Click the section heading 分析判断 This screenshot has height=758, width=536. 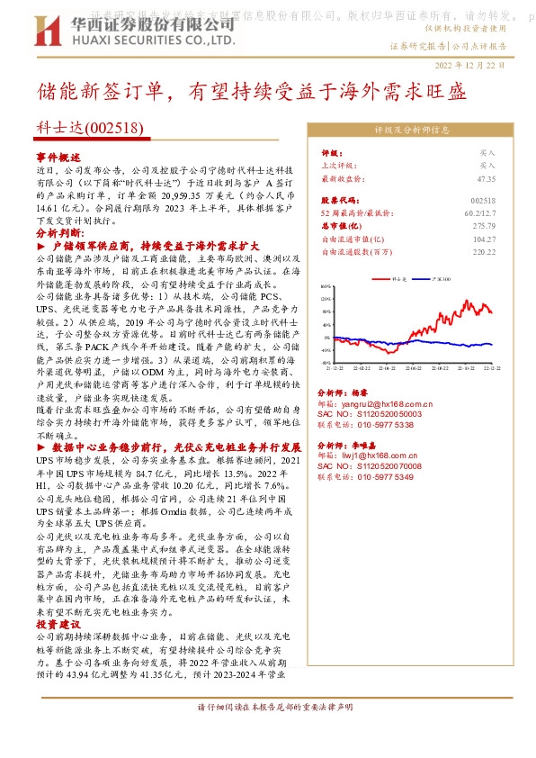[x=58, y=231]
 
